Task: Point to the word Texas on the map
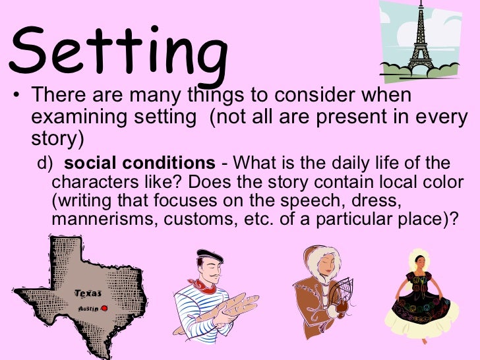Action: [88, 293]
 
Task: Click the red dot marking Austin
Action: [104, 307]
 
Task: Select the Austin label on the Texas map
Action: [88, 308]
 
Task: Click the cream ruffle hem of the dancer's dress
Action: [421, 326]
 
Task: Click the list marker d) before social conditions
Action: [44, 164]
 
